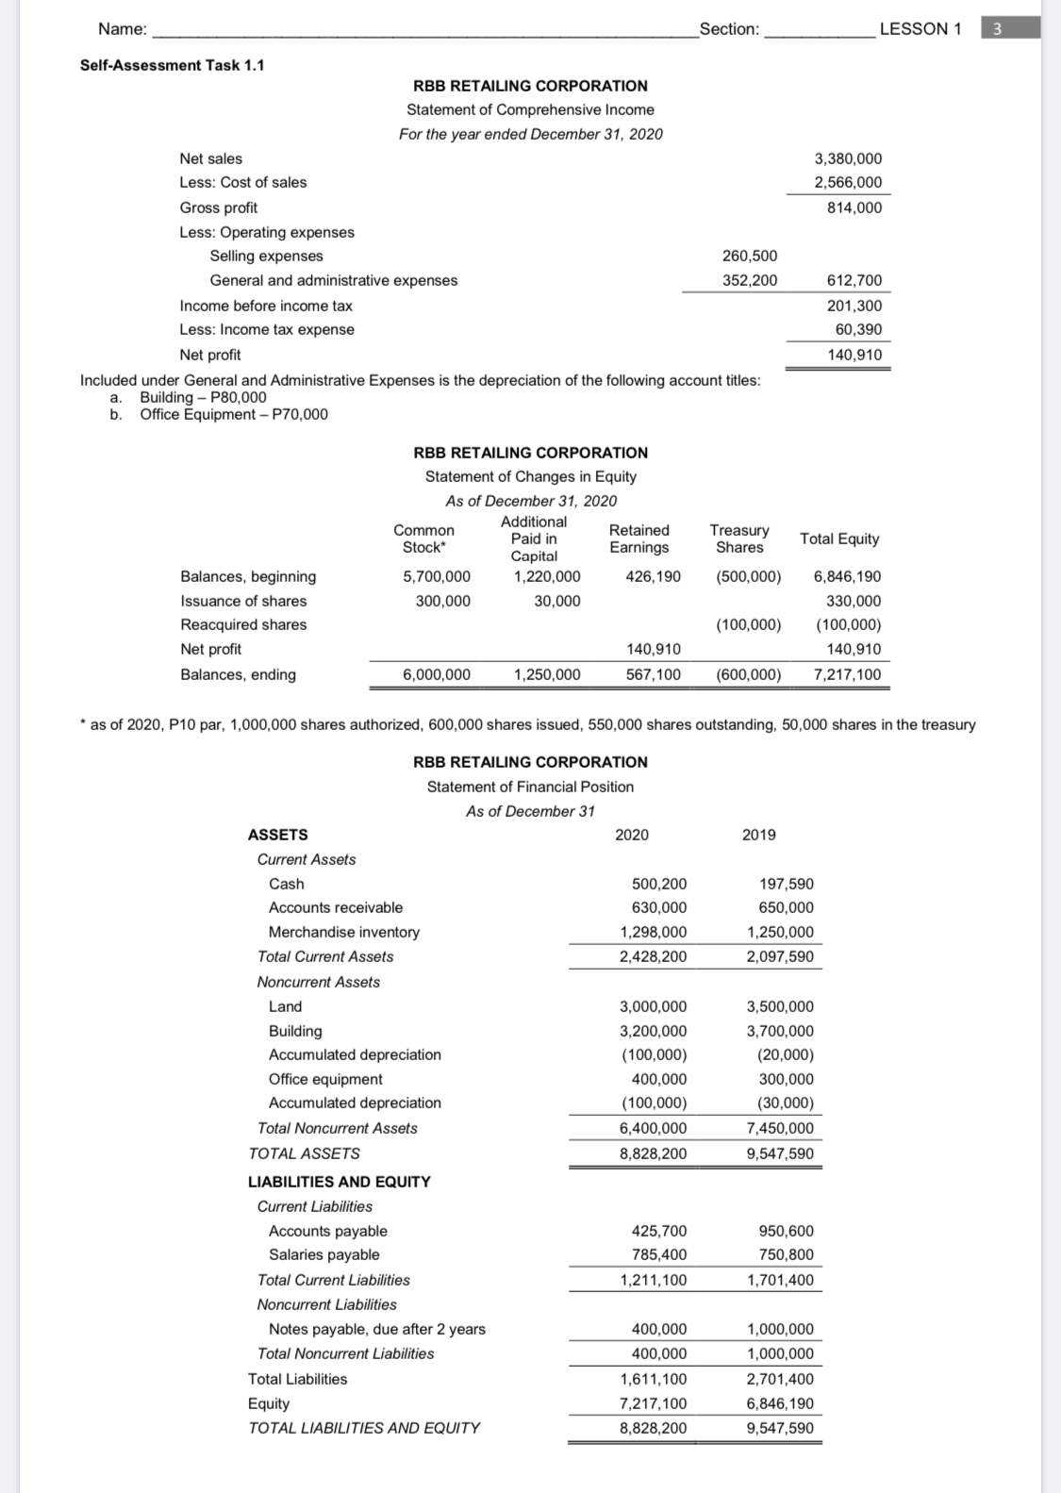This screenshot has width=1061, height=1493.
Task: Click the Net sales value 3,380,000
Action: (848, 158)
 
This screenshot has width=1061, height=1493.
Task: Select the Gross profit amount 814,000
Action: (854, 207)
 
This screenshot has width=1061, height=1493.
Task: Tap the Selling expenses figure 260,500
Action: (750, 256)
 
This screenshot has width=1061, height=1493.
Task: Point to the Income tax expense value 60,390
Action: (858, 329)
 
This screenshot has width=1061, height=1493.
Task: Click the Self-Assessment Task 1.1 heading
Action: (172, 65)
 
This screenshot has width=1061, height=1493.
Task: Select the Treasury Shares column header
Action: (739, 539)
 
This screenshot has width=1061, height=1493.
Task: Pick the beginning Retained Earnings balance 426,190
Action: (653, 576)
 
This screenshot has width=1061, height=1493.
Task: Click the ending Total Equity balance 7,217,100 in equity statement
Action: (847, 674)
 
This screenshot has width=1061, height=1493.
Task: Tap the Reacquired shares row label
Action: (243, 624)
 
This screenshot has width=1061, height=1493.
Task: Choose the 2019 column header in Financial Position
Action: (758, 835)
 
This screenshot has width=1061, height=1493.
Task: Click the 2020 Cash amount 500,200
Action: (658, 884)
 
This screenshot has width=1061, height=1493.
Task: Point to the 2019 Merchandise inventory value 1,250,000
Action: (780, 932)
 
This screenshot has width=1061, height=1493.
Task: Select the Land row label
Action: (285, 1006)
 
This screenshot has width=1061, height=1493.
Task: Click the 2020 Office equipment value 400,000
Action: (658, 1079)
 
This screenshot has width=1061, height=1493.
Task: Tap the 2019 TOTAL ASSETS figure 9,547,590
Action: (780, 1153)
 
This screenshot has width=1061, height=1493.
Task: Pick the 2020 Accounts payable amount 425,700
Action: (658, 1231)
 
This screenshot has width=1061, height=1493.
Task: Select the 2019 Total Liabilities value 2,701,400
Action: (780, 1379)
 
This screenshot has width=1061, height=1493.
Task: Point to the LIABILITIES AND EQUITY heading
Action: (339, 1182)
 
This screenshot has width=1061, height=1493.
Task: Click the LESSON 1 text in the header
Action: (920, 28)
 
